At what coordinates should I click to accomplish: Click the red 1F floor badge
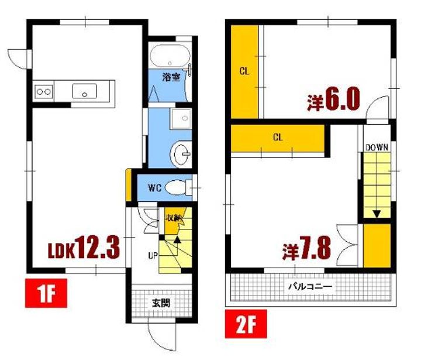[46, 293]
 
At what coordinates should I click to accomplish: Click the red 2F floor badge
[246, 324]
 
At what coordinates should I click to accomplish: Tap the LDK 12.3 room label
[84, 248]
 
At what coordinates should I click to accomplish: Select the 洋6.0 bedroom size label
[333, 99]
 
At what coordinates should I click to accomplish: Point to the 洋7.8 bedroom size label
[306, 248]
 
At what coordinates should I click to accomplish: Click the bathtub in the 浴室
[170, 56]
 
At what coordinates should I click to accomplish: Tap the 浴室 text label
[171, 77]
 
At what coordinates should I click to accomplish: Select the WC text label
[154, 188]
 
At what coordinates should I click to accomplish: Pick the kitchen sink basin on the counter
[84, 91]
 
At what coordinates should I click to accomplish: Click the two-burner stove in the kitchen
[44, 92]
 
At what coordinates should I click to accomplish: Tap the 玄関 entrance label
[161, 303]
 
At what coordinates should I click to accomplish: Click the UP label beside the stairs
[153, 256]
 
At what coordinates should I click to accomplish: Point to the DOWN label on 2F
[377, 148]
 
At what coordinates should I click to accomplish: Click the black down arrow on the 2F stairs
[377, 214]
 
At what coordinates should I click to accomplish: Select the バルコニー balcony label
[310, 287]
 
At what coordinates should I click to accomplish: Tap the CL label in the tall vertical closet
[244, 71]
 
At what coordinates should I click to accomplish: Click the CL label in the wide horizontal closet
[278, 138]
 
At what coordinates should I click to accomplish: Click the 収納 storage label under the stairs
[173, 218]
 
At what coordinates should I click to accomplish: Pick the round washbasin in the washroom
[181, 155]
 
